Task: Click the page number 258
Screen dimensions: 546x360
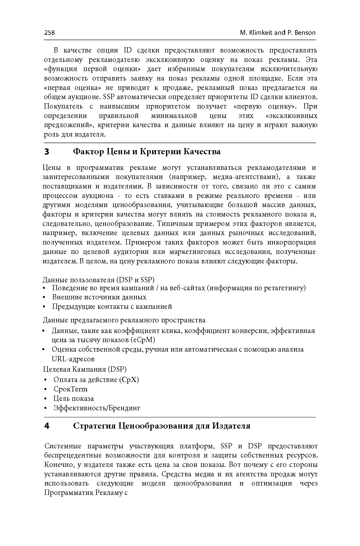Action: point(49,32)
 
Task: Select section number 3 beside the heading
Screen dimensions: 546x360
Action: point(47,152)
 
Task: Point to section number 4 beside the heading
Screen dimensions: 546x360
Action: point(47,426)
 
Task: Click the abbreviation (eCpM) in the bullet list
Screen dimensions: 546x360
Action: point(142,340)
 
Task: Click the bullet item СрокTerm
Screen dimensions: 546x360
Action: point(70,389)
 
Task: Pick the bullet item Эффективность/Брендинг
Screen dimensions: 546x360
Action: point(97,408)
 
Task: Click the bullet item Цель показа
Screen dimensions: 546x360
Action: point(73,399)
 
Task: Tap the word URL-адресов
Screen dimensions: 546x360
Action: point(73,359)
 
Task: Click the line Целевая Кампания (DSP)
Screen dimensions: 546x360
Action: point(85,369)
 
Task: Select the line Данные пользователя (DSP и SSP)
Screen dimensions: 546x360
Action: point(98,280)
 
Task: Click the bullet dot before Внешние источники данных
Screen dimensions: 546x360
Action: point(44,298)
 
